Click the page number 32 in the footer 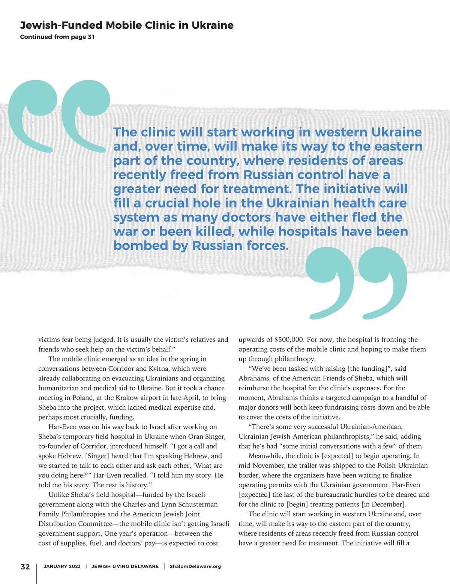[x=25, y=566]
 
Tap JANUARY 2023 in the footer [x=62, y=566]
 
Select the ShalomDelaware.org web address [x=195, y=566]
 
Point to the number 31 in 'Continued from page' [x=91, y=37]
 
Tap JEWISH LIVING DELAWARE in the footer [x=125, y=566]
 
